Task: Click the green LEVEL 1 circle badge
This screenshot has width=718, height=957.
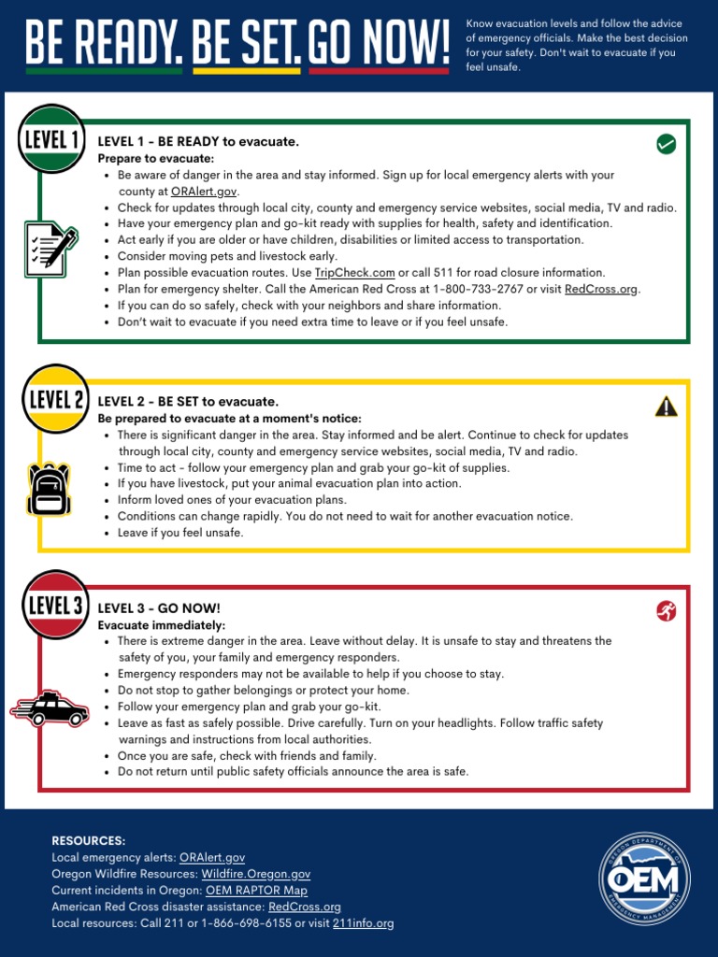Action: point(51,138)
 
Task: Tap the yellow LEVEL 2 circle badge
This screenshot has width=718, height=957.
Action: point(55,399)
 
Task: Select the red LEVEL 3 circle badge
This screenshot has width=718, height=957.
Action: point(55,604)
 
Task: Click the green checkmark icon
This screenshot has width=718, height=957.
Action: point(666,144)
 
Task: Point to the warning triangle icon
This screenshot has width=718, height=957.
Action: point(666,406)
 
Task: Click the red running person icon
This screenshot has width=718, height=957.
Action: point(666,611)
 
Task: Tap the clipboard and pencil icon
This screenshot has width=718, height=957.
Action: point(50,248)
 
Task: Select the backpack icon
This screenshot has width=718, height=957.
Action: point(50,490)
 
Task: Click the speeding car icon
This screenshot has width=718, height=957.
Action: point(50,709)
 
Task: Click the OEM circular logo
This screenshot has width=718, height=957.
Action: point(644,879)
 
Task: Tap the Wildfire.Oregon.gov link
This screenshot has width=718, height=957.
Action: point(255,874)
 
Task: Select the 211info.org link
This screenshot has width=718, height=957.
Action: point(363,923)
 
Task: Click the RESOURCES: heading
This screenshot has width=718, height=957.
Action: point(88,841)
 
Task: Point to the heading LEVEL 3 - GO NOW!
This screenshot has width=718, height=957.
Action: point(159,608)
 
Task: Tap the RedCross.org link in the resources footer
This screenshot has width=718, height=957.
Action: point(304,907)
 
